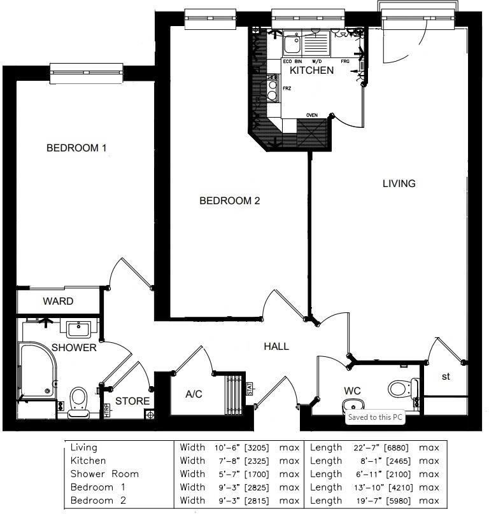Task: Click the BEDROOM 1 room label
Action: click(76, 148)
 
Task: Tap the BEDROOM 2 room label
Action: click(230, 201)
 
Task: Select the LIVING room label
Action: click(399, 183)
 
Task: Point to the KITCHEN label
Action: click(311, 70)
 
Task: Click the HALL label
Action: click(276, 347)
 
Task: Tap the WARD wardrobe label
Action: click(58, 301)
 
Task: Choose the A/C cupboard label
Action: click(194, 394)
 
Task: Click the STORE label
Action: click(132, 401)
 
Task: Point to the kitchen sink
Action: click(293, 45)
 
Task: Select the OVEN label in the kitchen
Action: click(312, 115)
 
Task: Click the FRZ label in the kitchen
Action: click(287, 88)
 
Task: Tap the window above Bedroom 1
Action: click(86, 73)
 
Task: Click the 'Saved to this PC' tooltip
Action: click(375, 418)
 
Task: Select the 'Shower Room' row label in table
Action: click(104, 474)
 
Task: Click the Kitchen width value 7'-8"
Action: click(227, 461)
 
